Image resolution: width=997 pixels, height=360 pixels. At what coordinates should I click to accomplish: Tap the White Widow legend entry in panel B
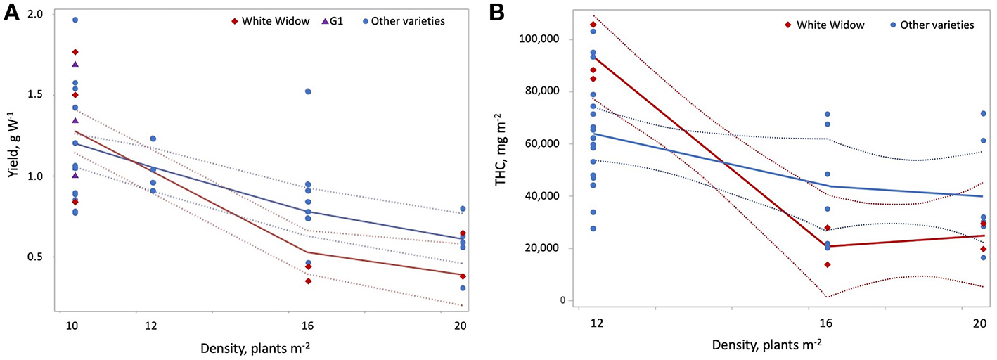(825, 25)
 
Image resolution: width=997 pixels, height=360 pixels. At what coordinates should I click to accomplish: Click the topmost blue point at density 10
(75, 20)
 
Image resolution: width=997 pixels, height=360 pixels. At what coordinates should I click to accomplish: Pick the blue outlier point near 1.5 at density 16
(308, 91)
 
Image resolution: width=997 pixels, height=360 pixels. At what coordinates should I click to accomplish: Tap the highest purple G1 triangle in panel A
(75, 64)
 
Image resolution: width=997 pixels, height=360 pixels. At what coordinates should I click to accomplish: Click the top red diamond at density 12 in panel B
(592, 25)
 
